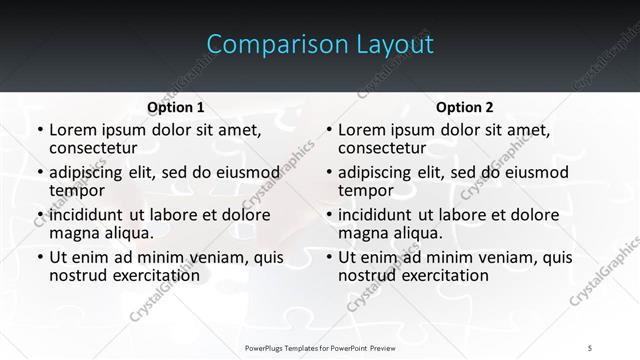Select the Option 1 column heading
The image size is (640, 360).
click(176, 107)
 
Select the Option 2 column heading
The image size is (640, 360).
click(465, 107)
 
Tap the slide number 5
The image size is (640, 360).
click(590, 346)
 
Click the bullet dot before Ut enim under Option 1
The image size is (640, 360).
click(38, 258)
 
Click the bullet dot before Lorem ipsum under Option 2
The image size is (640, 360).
click(327, 131)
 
